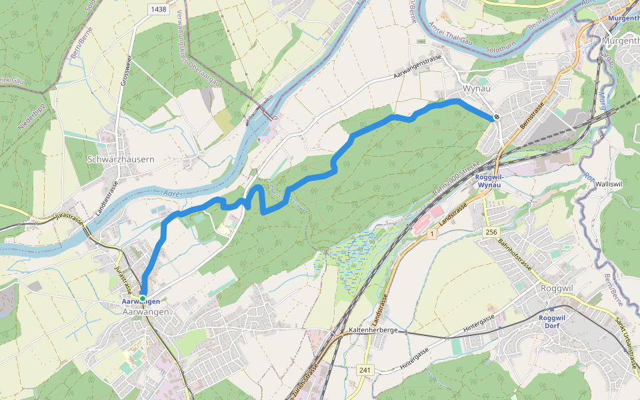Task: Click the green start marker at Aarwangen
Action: click(x=143, y=297)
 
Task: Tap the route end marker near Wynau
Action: click(x=497, y=117)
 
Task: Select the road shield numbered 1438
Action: click(x=159, y=9)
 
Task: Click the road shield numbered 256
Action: click(x=491, y=231)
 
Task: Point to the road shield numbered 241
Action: click(x=365, y=369)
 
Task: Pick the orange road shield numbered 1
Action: click(x=432, y=233)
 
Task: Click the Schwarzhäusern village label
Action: click(x=121, y=159)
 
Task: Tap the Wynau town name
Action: click(x=476, y=89)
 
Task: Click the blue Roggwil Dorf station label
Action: click(x=551, y=321)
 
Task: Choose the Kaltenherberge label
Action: click(x=373, y=330)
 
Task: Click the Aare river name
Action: click(x=172, y=193)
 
